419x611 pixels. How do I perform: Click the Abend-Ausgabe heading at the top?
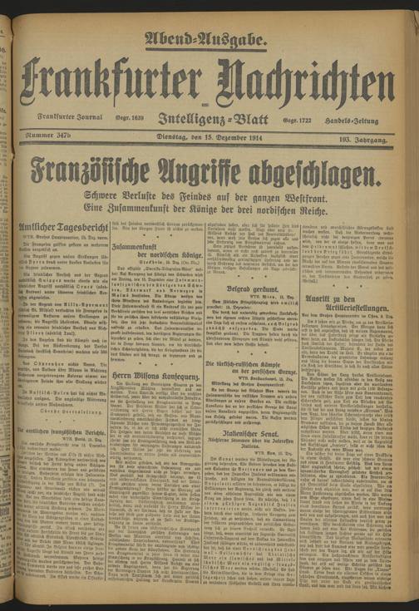[x=206, y=37]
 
